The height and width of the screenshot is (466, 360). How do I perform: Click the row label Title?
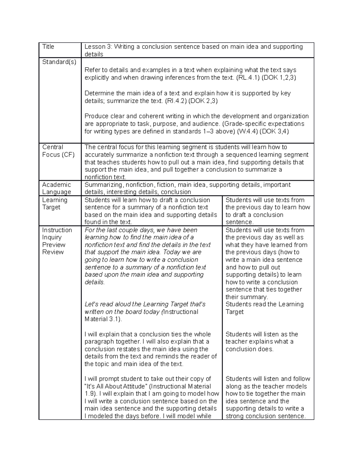[48, 47]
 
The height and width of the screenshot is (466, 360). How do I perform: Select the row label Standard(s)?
[59, 62]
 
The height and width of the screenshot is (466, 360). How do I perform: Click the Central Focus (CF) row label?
[58, 151]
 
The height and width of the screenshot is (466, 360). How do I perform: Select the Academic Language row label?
[56, 188]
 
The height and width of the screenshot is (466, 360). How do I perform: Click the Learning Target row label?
[55, 203]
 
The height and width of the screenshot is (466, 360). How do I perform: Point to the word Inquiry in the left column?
[52, 237]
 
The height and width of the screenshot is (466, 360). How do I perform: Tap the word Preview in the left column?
[54, 245]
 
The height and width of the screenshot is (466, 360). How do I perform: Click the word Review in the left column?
[53, 252]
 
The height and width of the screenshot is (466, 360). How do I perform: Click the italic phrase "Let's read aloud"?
[108, 304]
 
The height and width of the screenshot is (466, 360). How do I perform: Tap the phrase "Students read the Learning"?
[264, 304]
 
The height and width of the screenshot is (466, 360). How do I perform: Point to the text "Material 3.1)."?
[103, 319]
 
